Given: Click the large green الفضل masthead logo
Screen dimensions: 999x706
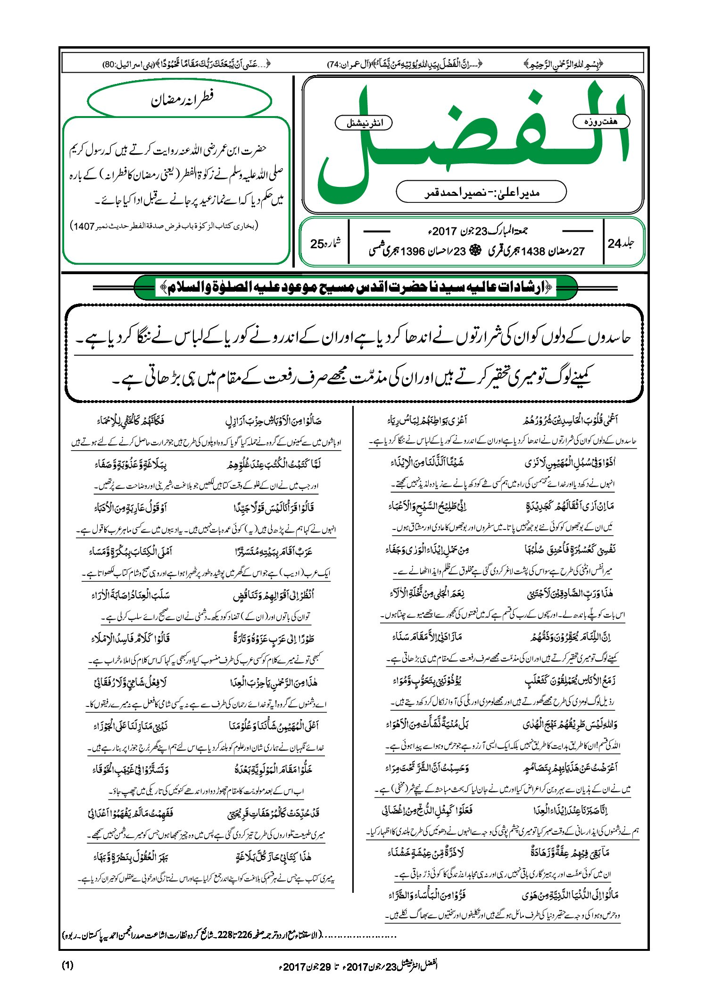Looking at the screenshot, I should tap(472, 142).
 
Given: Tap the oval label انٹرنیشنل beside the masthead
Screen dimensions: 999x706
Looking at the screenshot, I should tap(363, 123).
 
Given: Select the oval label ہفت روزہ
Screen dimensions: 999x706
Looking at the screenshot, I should tap(601, 122).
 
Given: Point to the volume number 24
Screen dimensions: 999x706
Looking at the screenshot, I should tap(614, 243).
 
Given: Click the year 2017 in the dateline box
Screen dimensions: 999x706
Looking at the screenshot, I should tap(445, 231).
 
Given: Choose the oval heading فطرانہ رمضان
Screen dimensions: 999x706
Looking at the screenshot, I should tap(180, 100).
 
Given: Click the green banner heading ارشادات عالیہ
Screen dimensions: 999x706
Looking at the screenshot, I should tap(356, 287).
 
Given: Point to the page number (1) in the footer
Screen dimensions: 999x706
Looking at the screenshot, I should tap(67, 965).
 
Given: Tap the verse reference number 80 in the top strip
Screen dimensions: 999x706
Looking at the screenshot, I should tap(109, 64).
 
